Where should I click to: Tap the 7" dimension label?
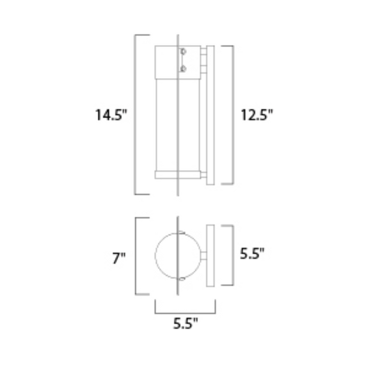[x=119, y=258]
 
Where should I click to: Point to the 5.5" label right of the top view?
[x=251, y=254]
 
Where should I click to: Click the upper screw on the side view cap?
[x=183, y=52]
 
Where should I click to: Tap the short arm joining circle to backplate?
[x=202, y=256]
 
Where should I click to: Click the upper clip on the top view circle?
[x=182, y=232]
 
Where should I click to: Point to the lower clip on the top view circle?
[x=182, y=279]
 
